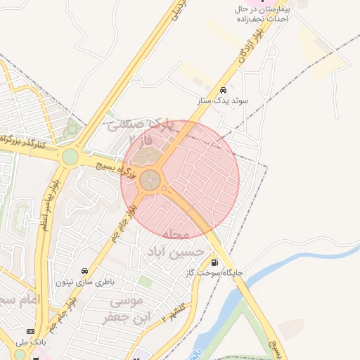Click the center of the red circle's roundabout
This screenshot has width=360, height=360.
(x=149, y=181)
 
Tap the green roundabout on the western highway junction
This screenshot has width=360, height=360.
(x=70, y=156)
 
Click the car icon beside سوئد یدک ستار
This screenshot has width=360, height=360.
(x=223, y=90)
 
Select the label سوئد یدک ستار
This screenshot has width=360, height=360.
(x=223, y=101)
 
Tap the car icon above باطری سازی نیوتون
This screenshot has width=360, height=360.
(x=84, y=271)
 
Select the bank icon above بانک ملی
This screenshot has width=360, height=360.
(x=30, y=331)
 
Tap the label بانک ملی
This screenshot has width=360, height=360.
(x=29, y=342)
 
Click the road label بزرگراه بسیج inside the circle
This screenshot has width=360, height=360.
(x=116, y=169)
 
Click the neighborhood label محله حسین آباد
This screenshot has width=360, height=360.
(x=176, y=243)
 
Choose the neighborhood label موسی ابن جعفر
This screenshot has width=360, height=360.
(x=127, y=310)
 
